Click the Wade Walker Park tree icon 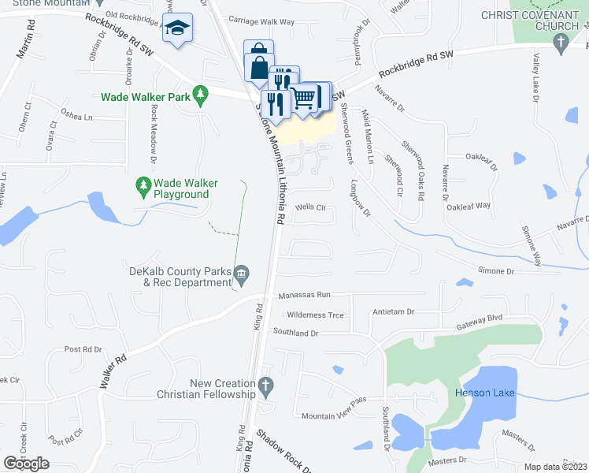pos(200,96)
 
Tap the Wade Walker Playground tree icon pos(143,186)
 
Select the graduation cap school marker pos(178,28)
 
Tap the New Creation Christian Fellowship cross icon pos(266,388)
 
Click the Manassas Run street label pos(305,295)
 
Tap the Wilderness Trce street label pos(316,315)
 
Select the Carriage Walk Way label pos(261,20)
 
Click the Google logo pos(27,464)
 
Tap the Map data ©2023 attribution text pos(555,467)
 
